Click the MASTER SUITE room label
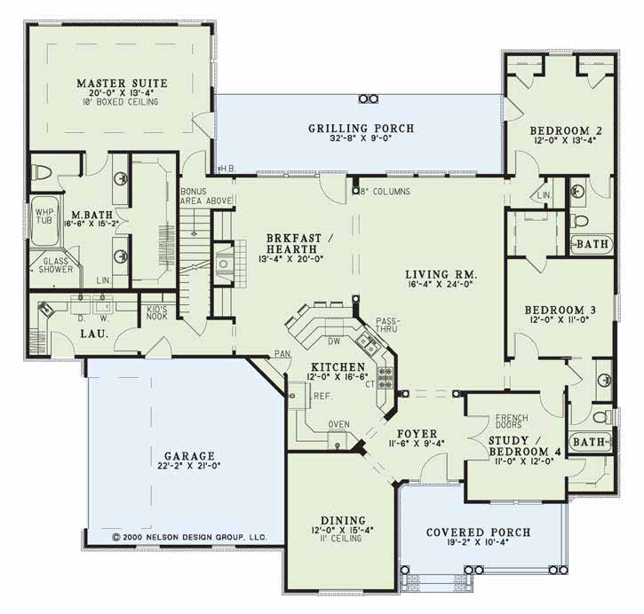(122, 83)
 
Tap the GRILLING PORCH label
(362, 129)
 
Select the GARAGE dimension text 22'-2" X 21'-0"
(189, 466)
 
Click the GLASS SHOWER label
(56, 265)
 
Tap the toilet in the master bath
(41, 172)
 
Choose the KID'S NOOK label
(157, 312)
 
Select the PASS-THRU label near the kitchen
(387, 325)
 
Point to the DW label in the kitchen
(334, 341)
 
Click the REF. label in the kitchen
(323, 397)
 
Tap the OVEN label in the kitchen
(338, 424)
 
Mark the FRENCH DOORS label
(512, 421)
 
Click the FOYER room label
(417, 434)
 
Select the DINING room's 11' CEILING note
(344, 538)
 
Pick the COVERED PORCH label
(479, 532)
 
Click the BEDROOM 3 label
(561, 310)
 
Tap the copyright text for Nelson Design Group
(189, 537)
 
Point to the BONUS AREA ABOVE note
(206, 196)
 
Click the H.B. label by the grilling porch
(227, 169)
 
